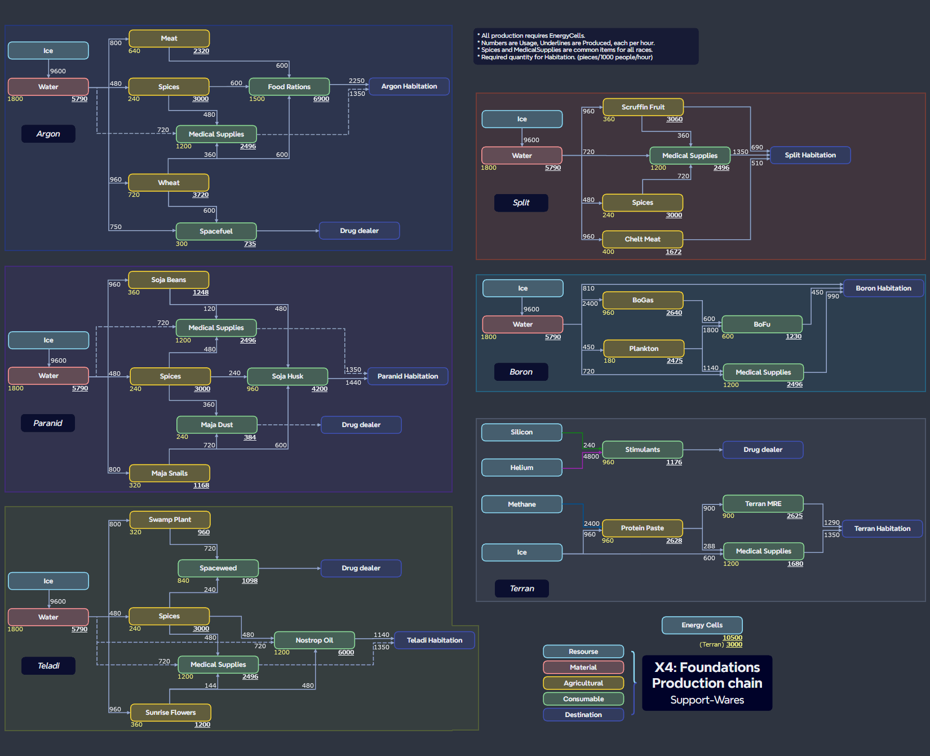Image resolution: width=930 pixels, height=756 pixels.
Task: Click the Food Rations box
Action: [x=289, y=87]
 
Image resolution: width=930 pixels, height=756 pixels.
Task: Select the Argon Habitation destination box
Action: [x=409, y=86]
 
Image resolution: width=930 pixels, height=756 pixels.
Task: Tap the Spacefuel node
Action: [x=216, y=231]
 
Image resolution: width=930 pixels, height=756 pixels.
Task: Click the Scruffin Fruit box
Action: [x=643, y=107]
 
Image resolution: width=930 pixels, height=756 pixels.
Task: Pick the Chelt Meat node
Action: [x=642, y=239]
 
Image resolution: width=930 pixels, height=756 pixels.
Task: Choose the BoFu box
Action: [x=761, y=324]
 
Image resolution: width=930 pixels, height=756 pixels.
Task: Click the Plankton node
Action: [x=644, y=349]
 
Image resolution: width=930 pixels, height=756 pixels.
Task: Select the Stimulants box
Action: [x=642, y=450]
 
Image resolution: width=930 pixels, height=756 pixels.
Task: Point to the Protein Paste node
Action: [x=642, y=528]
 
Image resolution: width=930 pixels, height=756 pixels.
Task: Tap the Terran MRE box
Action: [x=763, y=504]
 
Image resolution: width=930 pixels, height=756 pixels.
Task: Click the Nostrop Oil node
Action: [x=314, y=640]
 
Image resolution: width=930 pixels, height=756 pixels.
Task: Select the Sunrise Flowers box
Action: [x=170, y=713]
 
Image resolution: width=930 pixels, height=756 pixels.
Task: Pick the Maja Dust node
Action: [x=216, y=425]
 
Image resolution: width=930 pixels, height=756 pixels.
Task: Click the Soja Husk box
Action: [x=287, y=376]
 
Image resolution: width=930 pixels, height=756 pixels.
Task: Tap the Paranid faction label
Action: [x=48, y=423]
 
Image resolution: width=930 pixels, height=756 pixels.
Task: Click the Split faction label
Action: [x=521, y=203]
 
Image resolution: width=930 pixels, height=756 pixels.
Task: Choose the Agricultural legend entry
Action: [x=583, y=683]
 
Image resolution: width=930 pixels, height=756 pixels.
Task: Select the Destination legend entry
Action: [x=583, y=715]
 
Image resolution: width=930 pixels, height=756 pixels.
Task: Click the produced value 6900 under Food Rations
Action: [x=321, y=99]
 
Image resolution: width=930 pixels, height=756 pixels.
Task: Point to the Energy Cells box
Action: [x=702, y=625]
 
